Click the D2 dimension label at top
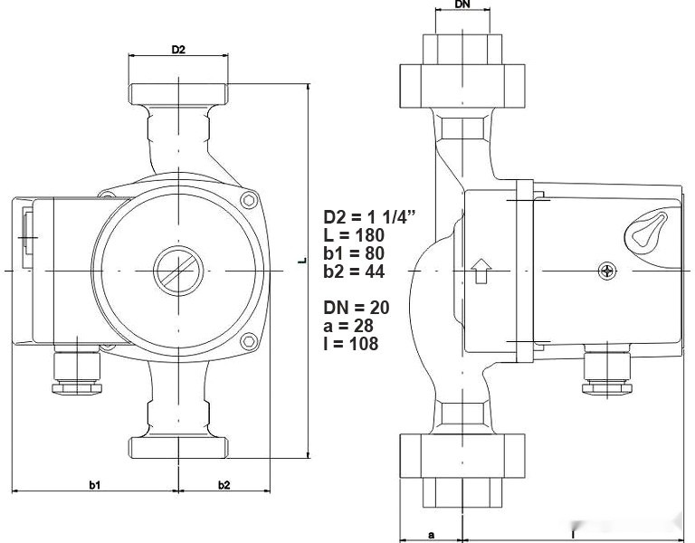[x=178, y=50]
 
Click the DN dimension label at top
[x=462, y=5]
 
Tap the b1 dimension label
[x=94, y=485]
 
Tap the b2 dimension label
[x=224, y=485]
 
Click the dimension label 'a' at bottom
[x=431, y=535]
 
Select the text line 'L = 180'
[x=355, y=235]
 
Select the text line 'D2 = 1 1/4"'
[x=369, y=217]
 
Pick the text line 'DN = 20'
[x=357, y=308]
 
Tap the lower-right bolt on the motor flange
[x=248, y=341]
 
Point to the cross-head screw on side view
[x=607, y=270]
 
